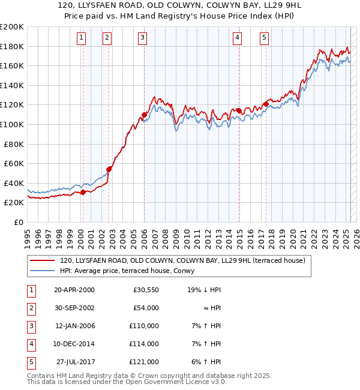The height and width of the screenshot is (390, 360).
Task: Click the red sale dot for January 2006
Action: [x=145, y=115]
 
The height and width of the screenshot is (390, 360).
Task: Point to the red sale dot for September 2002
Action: [x=109, y=169]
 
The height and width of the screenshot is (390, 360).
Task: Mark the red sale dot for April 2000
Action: [x=83, y=192]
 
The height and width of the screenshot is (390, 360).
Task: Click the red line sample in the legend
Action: [x=42, y=260]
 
